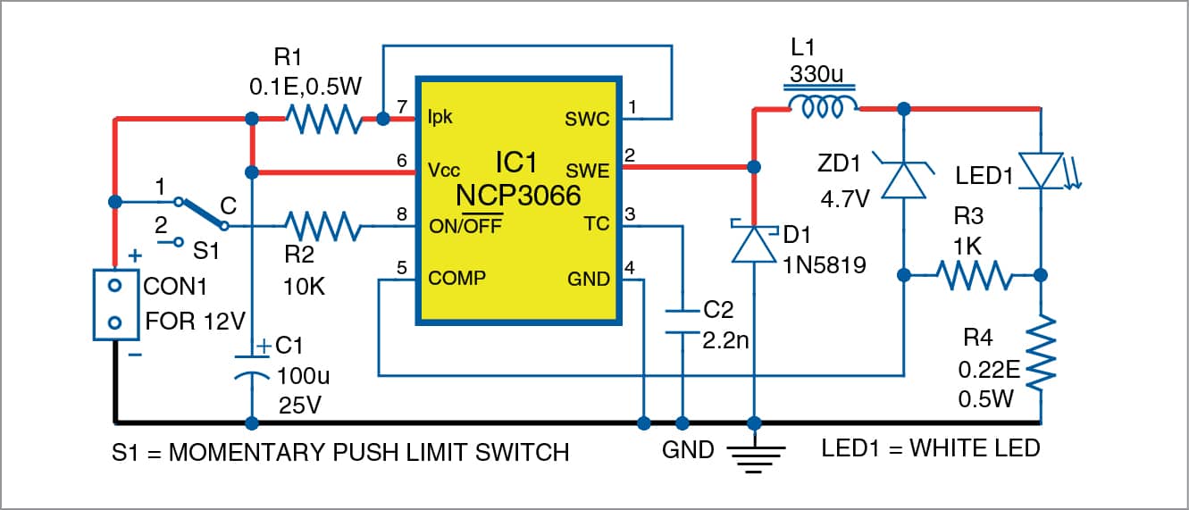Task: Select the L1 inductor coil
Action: (x=823, y=108)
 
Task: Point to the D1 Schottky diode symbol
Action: (x=754, y=243)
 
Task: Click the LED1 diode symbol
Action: (x=1042, y=171)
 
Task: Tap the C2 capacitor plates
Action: (x=682, y=321)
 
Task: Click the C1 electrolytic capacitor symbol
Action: (x=252, y=371)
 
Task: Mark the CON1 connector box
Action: (x=115, y=304)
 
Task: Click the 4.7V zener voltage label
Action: (x=842, y=198)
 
